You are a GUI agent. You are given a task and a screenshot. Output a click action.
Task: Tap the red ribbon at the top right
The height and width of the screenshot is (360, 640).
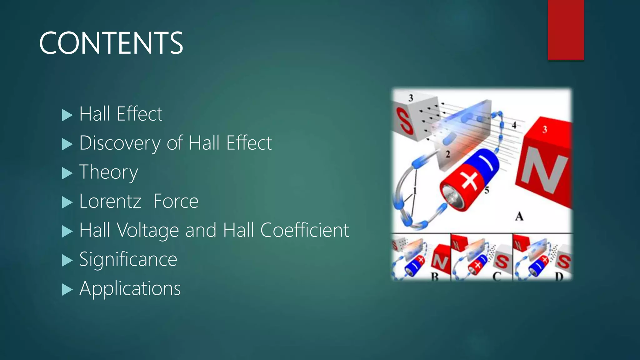pos(566,30)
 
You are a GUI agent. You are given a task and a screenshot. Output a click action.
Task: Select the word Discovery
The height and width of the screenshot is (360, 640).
pos(120,143)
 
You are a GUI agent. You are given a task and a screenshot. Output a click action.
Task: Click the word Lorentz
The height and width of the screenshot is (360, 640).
pos(110,201)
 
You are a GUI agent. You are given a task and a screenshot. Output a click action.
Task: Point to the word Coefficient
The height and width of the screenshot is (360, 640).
pos(304,230)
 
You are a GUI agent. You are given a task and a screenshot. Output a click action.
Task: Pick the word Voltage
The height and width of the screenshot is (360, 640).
pos(148,230)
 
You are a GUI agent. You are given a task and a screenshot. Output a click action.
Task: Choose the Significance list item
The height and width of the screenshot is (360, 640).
pos(128,259)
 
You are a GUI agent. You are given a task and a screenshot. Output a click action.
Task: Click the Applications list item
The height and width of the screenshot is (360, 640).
pos(130,288)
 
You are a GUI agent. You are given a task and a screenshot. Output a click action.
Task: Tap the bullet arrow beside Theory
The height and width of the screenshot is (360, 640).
pos(67,173)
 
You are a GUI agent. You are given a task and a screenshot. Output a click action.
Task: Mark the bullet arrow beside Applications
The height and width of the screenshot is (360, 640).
pos(67,289)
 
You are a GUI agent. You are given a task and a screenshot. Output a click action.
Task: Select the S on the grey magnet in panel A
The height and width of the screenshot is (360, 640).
pos(404,121)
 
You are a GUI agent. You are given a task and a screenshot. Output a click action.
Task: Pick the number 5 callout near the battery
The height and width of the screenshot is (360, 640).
pos(487,190)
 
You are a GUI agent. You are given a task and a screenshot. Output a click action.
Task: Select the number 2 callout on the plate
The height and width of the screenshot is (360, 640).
pos(448,154)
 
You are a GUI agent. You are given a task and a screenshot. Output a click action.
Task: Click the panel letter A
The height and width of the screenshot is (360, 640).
pos(519,216)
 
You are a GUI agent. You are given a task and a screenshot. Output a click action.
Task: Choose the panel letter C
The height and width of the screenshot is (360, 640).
pos(497,277)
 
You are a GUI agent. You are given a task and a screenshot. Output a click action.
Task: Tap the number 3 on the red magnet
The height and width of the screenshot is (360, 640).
pos(545,129)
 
